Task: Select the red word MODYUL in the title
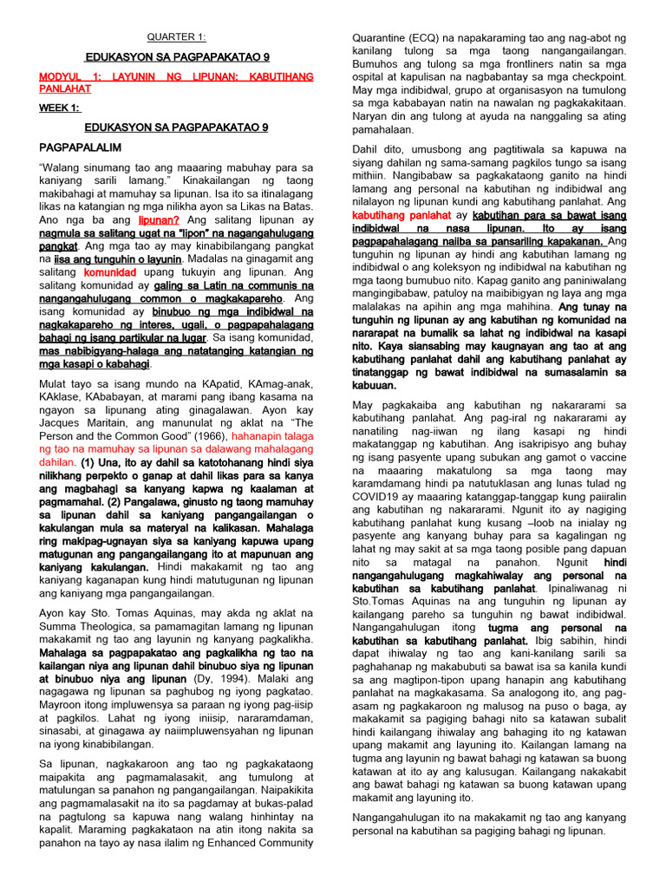tap(62, 77)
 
